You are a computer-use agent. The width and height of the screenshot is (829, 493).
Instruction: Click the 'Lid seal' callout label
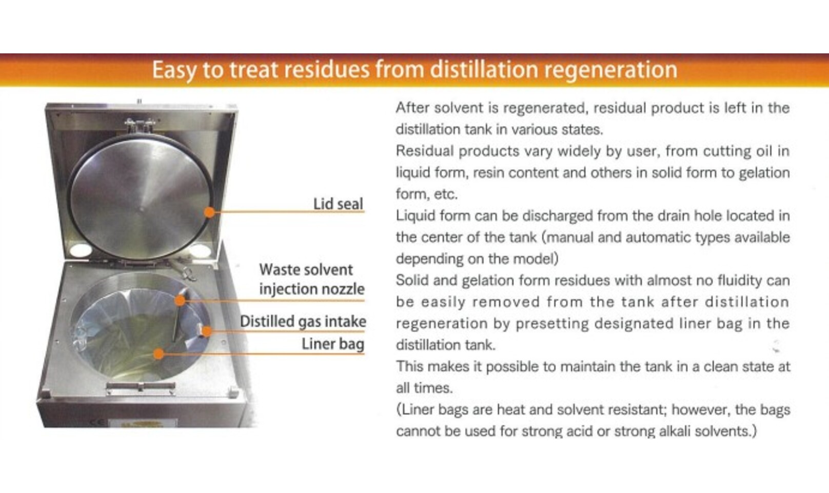(338, 204)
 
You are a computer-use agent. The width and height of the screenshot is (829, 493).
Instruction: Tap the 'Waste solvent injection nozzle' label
(311, 280)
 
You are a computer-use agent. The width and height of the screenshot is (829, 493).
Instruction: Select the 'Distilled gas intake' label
(303, 321)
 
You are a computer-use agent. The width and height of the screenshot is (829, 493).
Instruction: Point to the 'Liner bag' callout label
(333, 344)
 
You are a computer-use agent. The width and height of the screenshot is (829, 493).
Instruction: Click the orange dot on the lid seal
(209, 212)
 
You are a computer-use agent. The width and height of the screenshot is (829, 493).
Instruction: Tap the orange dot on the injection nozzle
(180, 300)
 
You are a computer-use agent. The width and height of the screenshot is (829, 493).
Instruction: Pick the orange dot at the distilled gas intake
(207, 331)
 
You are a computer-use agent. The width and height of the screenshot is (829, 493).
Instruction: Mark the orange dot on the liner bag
(159, 354)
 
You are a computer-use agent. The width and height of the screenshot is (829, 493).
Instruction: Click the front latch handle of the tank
(140, 387)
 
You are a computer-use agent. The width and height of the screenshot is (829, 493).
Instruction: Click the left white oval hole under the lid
(81, 250)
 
